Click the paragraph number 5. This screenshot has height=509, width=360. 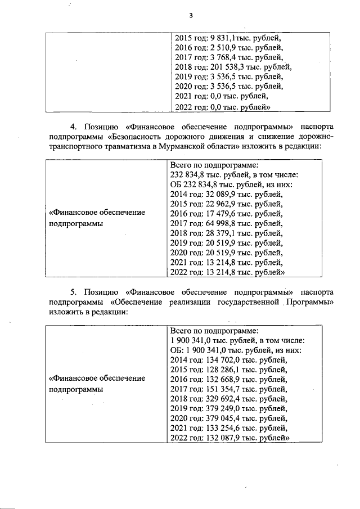tap(73, 292)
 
